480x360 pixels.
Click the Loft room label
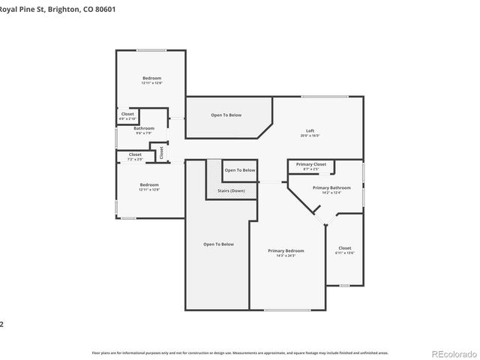click(309, 130)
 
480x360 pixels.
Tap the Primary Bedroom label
click(286, 250)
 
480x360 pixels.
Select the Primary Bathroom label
click(326, 187)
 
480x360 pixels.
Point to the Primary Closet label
click(310, 164)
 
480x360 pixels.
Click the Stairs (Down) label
click(231, 190)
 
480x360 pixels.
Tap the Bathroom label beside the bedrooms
click(144, 128)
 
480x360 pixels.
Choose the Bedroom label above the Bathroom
click(151, 78)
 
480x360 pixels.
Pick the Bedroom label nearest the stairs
click(149, 184)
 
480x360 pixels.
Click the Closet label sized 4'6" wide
click(127, 114)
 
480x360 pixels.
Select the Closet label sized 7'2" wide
click(135, 154)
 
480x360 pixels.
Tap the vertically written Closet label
click(161, 151)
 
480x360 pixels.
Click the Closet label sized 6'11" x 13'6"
click(344, 248)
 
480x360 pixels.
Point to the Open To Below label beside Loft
click(226, 115)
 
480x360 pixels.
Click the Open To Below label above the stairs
click(240, 170)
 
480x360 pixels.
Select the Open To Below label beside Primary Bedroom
click(218, 244)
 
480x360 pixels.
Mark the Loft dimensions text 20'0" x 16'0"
click(309, 136)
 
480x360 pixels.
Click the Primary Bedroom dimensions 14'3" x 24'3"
click(286, 256)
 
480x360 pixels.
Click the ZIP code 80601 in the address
click(105, 8)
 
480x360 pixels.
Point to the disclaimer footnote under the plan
click(240, 352)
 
